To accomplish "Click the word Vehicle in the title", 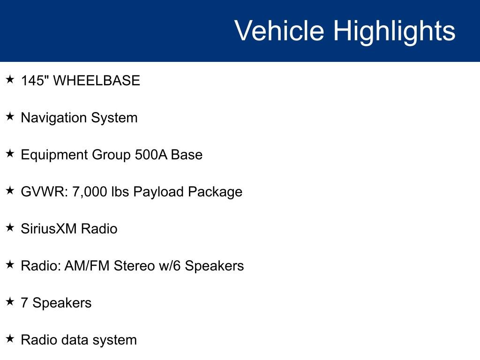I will point(279,31).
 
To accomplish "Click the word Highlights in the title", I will point(394,31).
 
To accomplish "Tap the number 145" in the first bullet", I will point(35,81).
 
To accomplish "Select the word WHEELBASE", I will point(97,81).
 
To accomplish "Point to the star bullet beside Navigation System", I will point(10,117).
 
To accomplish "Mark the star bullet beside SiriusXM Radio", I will point(10,228).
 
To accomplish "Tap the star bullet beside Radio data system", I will point(10,339).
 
